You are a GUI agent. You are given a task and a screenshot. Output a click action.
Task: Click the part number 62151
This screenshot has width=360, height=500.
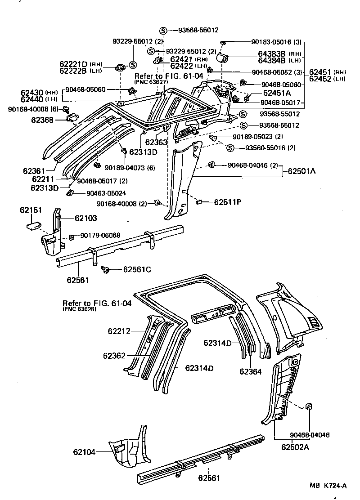[x=30, y=210]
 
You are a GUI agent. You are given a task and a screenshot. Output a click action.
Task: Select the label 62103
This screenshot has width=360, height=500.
[x=85, y=218]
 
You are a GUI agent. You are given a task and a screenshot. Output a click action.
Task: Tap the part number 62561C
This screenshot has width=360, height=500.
[x=137, y=270]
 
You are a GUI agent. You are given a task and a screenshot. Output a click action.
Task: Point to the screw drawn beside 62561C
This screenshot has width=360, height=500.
[x=106, y=269]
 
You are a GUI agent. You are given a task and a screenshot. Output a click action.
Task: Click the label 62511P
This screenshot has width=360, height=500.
[x=227, y=202]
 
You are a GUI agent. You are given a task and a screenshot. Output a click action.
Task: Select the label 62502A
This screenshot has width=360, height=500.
[x=295, y=447]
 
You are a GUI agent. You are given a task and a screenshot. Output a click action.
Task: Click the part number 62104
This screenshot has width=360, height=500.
[x=85, y=452]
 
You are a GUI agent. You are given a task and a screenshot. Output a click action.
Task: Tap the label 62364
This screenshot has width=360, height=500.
[x=250, y=371]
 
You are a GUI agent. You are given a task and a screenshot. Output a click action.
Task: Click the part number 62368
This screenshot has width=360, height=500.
[x=42, y=120]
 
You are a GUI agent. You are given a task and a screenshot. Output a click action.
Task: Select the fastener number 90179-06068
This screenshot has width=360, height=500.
[x=100, y=235]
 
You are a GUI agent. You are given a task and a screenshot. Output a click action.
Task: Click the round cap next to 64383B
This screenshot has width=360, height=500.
[x=223, y=58]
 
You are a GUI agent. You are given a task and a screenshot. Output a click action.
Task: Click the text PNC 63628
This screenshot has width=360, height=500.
[x=79, y=310]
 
